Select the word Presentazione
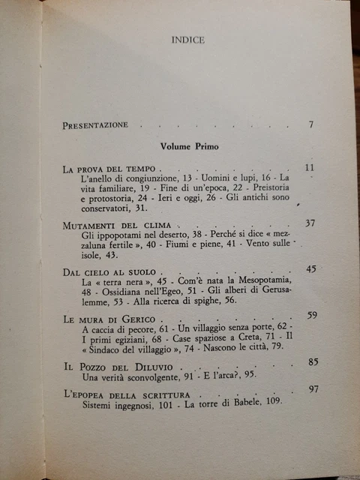pos(97,124)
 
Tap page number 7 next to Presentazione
pos(310,124)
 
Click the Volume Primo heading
pos(188,147)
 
